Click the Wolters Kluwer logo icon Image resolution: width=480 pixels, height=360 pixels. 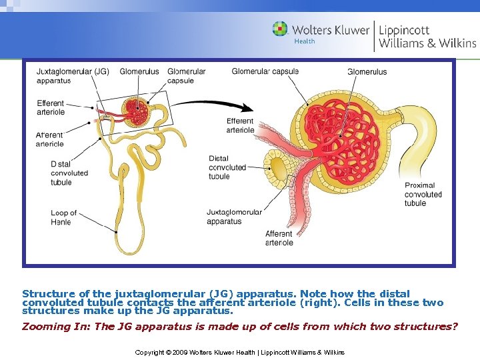tap(280, 29)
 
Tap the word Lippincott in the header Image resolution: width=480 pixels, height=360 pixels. tap(404, 30)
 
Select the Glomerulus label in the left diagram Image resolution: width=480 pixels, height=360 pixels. tap(139, 71)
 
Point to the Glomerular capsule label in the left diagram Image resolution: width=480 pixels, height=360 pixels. tap(186, 76)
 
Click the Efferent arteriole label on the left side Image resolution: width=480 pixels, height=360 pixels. tap(51, 108)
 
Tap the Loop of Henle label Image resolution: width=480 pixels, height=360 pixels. tap(63, 217)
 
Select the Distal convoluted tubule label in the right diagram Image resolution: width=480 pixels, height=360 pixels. tap(227, 167)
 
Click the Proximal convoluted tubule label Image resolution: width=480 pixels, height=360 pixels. tap(423, 194)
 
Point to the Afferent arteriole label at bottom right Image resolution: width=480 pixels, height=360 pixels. tap(279, 238)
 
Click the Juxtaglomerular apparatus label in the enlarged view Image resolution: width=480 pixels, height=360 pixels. tap(234, 217)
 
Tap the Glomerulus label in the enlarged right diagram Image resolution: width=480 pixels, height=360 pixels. tap(367, 71)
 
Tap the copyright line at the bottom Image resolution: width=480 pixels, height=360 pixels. tap(239, 351)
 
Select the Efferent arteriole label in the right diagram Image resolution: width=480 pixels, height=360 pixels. tap(240, 125)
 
